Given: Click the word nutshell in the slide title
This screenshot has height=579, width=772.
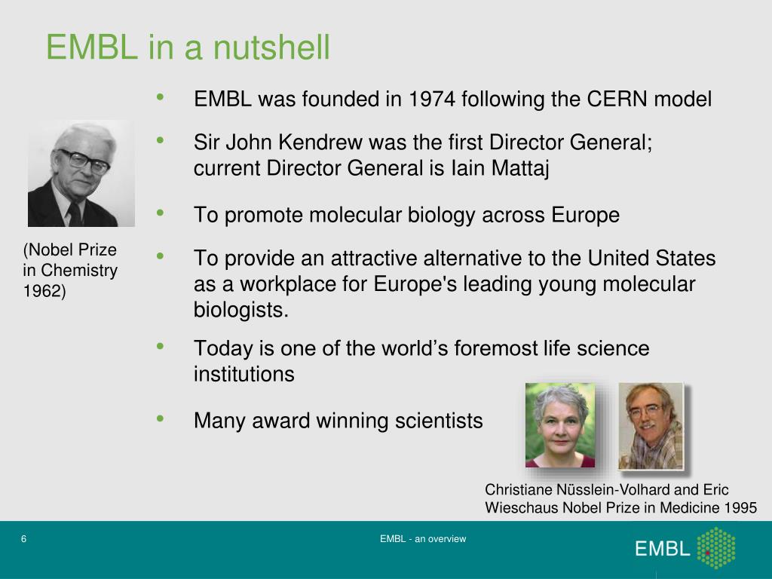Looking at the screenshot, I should (x=271, y=47).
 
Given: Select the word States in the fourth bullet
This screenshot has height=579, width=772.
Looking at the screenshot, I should (x=682, y=259).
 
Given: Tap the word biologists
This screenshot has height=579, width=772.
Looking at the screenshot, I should (x=240, y=310).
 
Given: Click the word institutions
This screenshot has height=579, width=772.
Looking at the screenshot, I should (x=244, y=374).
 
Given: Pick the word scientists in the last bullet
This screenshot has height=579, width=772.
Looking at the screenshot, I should (x=439, y=421).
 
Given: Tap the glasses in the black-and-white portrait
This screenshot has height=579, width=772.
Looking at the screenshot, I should (x=84, y=161).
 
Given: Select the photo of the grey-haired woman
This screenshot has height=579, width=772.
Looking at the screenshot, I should (x=559, y=425).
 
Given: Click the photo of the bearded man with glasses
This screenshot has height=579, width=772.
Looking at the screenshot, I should (x=650, y=425).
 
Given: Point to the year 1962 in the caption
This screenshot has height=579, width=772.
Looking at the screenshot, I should (x=44, y=292).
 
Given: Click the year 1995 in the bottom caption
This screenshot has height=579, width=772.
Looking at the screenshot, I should (x=740, y=508).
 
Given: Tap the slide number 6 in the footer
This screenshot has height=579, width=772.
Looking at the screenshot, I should (x=24, y=539).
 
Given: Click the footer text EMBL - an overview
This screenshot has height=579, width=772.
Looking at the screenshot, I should (x=423, y=539).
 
